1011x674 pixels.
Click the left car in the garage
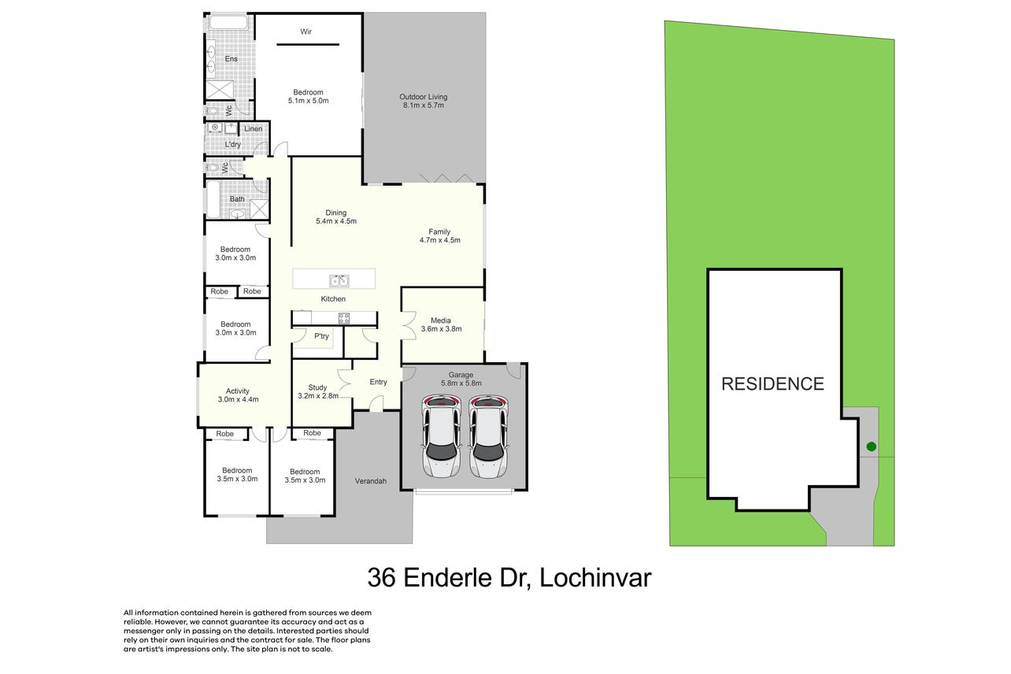click(442, 436)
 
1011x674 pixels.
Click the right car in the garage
click(488, 436)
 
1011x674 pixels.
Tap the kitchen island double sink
click(339, 281)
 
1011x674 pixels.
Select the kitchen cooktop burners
click(344, 318)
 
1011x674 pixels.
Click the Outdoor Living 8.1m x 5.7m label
click(424, 101)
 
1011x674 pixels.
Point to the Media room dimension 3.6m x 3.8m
click(442, 329)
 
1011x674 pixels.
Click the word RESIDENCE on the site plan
click(772, 383)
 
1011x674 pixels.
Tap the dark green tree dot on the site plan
click(872, 446)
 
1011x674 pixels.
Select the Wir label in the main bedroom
click(306, 31)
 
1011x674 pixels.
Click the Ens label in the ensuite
click(231, 59)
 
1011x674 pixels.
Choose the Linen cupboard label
click(254, 128)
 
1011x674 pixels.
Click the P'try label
click(322, 336)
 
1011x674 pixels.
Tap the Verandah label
click(371, 481)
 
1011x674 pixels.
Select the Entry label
click(378, 382)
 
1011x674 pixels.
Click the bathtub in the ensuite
click(228, 23)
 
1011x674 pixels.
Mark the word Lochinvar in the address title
click(595, 578)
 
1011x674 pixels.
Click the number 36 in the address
click(382, 578)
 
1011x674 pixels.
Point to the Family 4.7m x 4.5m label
click(440, 236)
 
